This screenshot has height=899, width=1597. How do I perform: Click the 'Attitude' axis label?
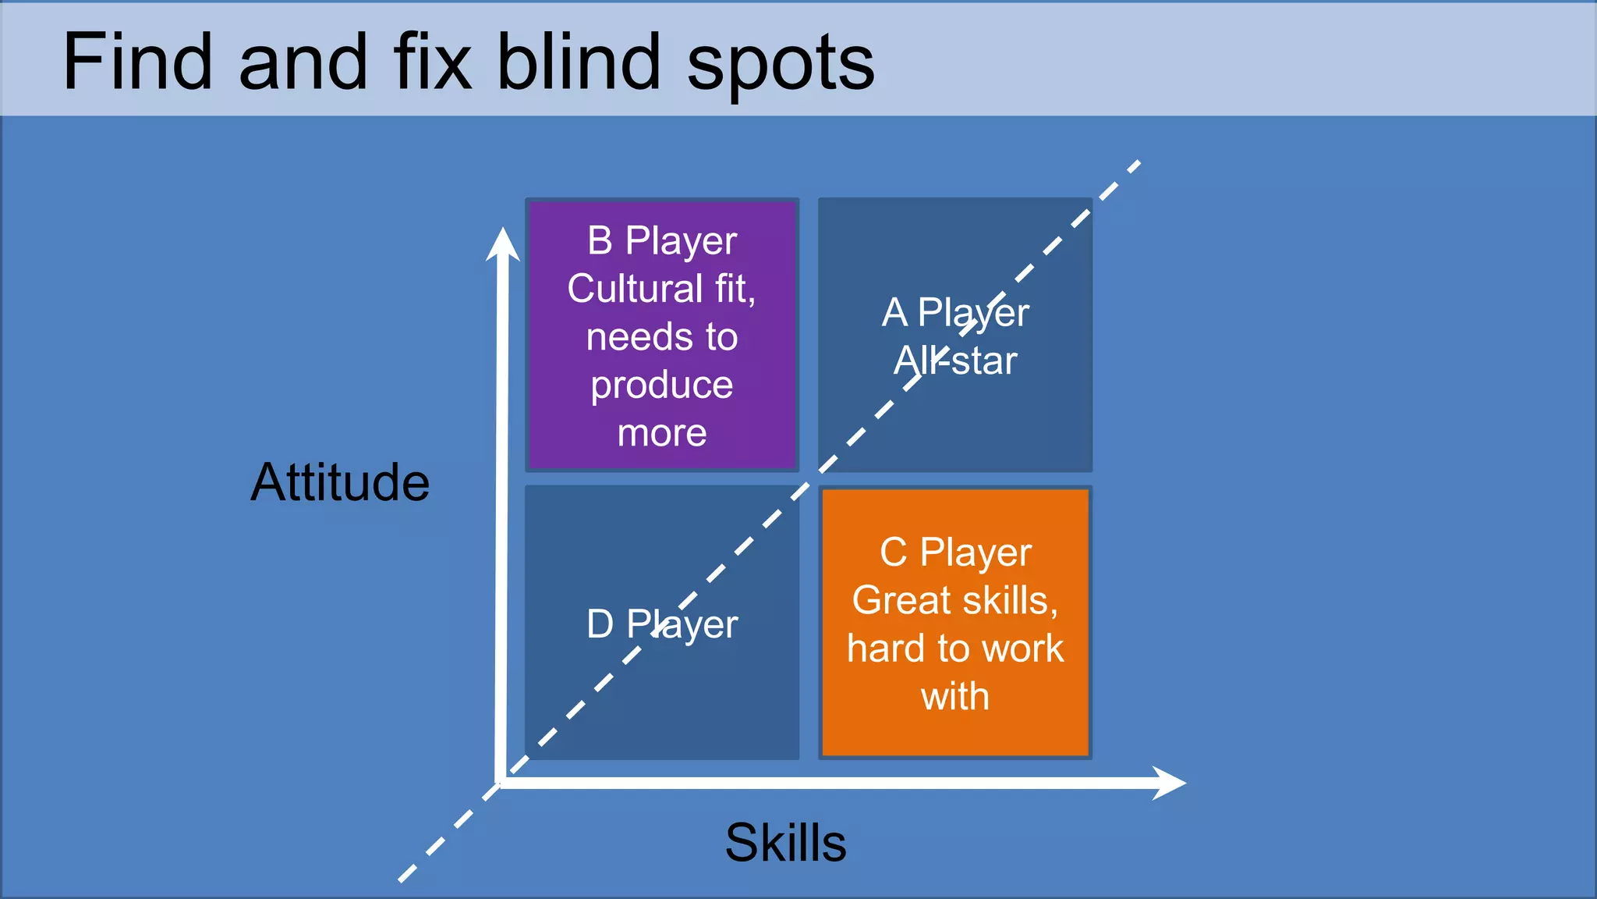340,482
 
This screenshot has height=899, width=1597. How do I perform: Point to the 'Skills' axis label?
785,843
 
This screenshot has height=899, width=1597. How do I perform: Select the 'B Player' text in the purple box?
662,241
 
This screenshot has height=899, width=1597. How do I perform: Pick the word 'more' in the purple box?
662,433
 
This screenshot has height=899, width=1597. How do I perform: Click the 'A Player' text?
955,313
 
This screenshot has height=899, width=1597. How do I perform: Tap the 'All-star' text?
955,361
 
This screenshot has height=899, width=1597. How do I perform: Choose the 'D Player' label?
662,624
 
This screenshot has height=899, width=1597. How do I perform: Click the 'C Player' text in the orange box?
955,553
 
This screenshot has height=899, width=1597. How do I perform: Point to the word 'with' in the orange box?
955,696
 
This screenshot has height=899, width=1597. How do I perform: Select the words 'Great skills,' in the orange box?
955,601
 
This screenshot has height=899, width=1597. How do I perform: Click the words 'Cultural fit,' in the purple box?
662,290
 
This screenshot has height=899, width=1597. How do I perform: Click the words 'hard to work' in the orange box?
955,648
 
